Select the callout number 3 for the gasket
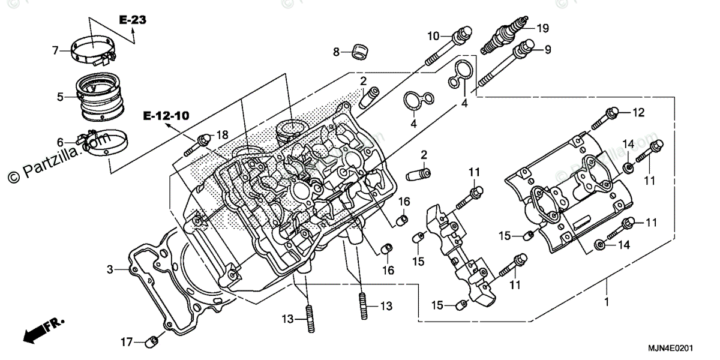(x=110, y=270)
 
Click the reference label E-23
(x=132, y=20)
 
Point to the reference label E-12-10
(x=165, y=116)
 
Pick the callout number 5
(x=60, y=96)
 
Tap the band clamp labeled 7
(x=93, y=49)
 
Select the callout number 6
(x=60, y=142)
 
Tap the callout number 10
(x=433, y=36)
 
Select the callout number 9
(x=548, y=50)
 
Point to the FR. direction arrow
(x=45, y=329)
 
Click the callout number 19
(x=542, y=27)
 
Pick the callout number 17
(x=126, y=343)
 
